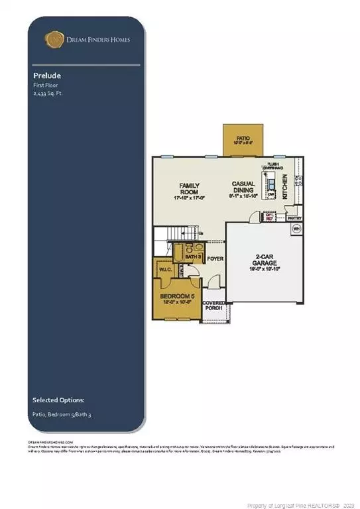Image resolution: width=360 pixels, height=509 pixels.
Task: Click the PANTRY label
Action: [294, 216]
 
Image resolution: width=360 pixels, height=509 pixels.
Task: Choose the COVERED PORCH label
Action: [213, 306]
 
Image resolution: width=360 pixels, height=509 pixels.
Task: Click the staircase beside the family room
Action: [176, 235]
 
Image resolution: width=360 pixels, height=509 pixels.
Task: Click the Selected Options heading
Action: [58, 400]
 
